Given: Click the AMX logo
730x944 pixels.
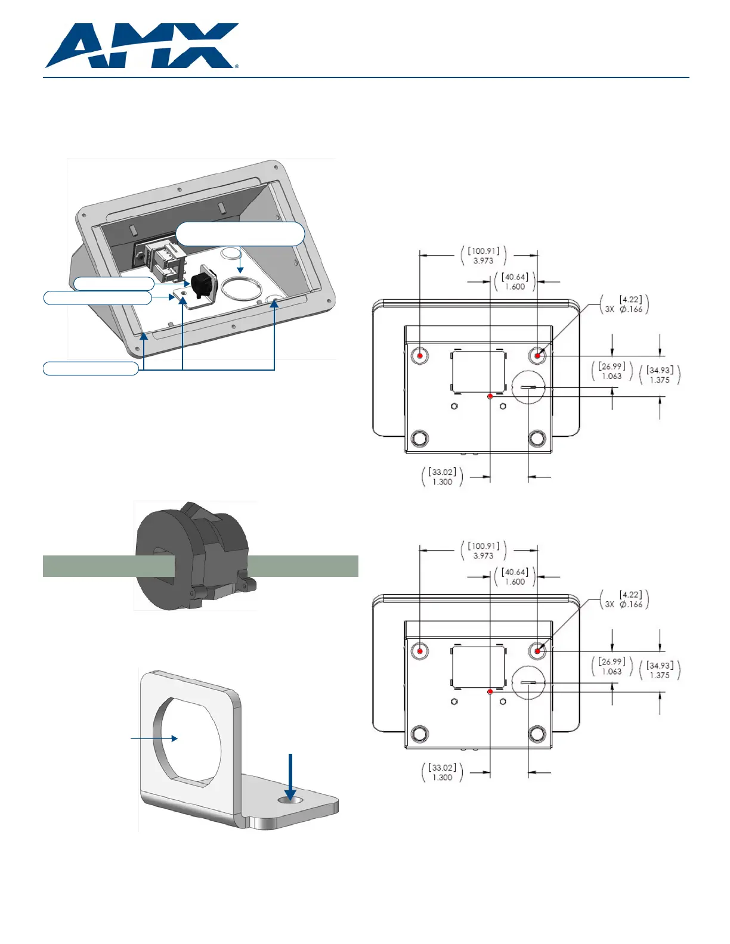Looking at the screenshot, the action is point(141,46).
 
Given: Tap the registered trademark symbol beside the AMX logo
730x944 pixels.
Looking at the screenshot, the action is point(237,67).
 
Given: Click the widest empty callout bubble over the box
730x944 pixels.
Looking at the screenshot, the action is point(240,234).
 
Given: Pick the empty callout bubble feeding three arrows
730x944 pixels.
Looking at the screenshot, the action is point(91,368).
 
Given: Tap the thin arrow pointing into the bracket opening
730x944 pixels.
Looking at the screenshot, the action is point(154,738).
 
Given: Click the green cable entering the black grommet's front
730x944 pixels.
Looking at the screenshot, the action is point(109,566).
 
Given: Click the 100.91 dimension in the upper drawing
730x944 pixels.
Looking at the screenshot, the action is point(484,256).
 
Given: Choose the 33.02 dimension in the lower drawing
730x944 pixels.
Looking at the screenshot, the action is point(442,772).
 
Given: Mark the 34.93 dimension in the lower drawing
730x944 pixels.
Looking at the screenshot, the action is point(660,670).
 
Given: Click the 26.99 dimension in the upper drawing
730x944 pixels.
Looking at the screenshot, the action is point(612,371).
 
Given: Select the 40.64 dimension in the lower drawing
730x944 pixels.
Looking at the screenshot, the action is point(515,576).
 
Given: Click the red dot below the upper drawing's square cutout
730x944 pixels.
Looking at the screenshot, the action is point(490,396).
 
